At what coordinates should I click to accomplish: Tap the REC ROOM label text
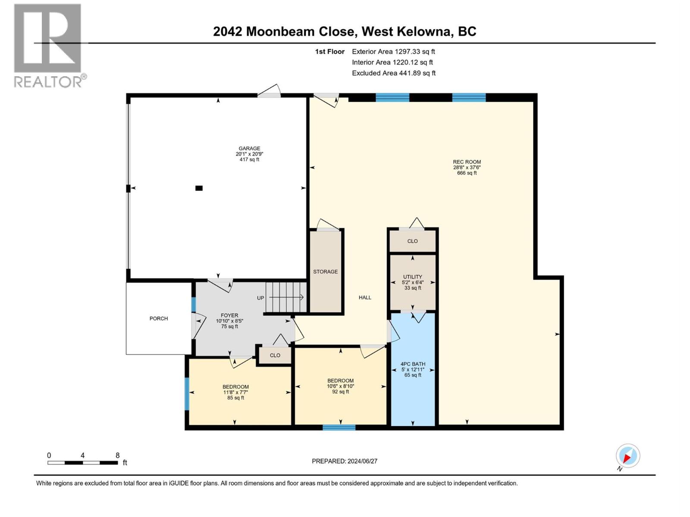click(x=467, y=162)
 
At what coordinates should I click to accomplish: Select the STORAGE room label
click(x=325, y=272)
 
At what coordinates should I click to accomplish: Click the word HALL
click(x=365, y=298)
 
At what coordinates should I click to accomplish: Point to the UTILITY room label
click(x=413, y=277)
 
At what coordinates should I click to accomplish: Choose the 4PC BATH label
click(x=413, y=364)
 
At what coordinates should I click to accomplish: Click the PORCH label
click(x=159, y=319)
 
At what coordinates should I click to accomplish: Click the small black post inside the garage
click(x=199, y=188)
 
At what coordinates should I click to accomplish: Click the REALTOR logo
click(x=48, y=45)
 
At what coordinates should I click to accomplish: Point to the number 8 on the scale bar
click(x=117, y=455)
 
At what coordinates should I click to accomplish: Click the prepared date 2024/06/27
click(x=345, y=461)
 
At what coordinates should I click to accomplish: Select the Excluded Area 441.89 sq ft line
click(x=393, y=73)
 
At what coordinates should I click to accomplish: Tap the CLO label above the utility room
click(x=412, y=241)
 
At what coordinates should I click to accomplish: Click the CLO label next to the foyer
click(x=275, y=355)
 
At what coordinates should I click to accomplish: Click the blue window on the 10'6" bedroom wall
click(x=339, y=427)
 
